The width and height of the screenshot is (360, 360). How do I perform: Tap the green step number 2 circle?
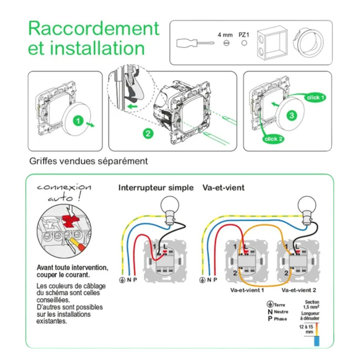(148, 134)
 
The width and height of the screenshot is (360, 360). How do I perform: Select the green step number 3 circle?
(292, 115)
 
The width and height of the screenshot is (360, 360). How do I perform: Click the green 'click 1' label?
(315, 98)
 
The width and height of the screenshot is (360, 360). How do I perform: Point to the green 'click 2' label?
(273, 139)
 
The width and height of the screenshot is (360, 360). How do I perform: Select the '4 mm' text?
(225, 35)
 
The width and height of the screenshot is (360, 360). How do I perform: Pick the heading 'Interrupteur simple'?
(156, 188)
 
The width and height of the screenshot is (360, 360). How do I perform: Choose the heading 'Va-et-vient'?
(223, 188)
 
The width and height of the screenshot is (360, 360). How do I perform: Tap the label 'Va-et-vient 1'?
(247, 290)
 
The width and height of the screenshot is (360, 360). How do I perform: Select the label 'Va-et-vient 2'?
(299, 290)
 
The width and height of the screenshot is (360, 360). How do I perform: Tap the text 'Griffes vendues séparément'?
(89, 161)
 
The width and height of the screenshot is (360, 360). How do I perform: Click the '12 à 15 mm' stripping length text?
(305, 329)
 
